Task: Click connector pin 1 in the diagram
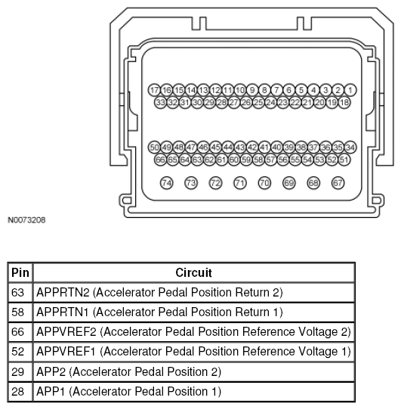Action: coord(350,90)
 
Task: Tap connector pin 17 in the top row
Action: coord(154,90)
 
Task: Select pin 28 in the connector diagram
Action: coord(222,103)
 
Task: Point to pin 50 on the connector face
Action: coord(154,148)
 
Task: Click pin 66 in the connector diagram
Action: coord(160,160)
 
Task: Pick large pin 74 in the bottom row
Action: coord(167,183)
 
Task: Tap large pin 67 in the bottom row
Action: coord(338,183)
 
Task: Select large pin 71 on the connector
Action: coord(240,183)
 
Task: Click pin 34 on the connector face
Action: coord(350,148)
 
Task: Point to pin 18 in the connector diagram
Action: coord(344,103)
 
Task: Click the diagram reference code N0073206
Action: coord(26,220)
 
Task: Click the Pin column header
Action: coord(20,273)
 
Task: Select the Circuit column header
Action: coord(194,273)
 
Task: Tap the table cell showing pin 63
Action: coord(20,293)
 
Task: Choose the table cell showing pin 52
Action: coord(20,352)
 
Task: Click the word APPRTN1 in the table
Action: coord(63,312)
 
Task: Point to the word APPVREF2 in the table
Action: coord(66,332)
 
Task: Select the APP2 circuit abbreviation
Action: coord(51,371)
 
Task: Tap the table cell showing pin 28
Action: coord(20,392)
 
